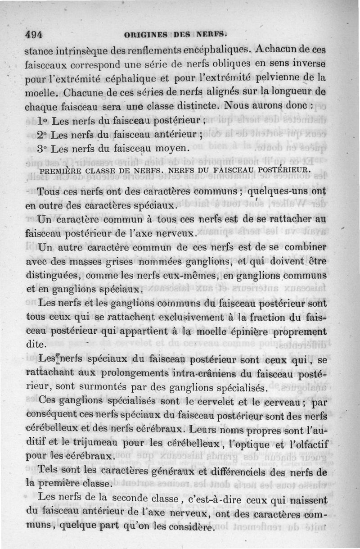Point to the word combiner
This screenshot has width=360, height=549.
[303, 248]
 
